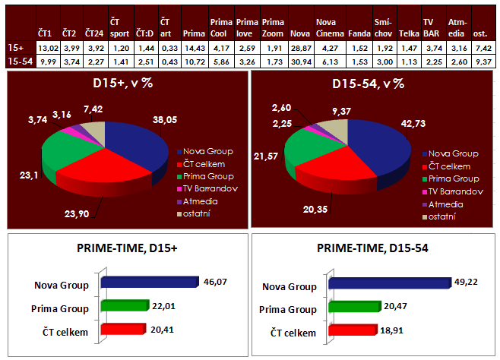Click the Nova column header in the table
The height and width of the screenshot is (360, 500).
299,33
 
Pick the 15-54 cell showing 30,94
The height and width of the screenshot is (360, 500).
299,61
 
